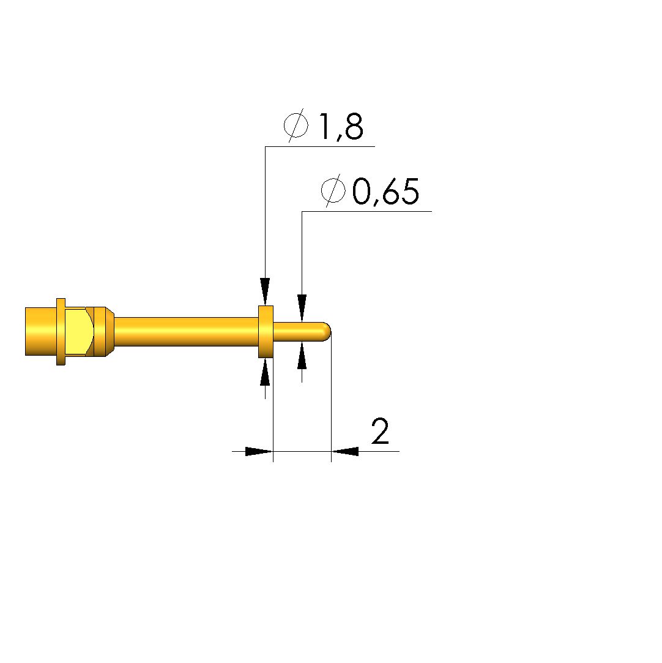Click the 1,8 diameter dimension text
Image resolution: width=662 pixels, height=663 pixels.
(x=341, y=126)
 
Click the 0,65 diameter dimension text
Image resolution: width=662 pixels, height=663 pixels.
(x=385, y=192)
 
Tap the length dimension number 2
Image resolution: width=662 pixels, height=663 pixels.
(x=380, y=431)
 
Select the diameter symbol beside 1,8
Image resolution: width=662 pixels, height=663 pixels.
(x=296, y=125)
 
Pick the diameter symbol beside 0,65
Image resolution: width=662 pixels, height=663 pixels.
(x=333, y=190)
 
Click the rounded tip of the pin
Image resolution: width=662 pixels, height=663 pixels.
(x=327, y=332)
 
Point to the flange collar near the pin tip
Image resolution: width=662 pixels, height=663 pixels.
(x=266, y=332)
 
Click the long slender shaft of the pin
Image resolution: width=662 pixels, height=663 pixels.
(x=187, y=332)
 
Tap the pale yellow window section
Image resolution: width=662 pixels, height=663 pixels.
(x=78, y=332)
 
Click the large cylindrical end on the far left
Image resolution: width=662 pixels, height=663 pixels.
(x=40, y=332)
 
